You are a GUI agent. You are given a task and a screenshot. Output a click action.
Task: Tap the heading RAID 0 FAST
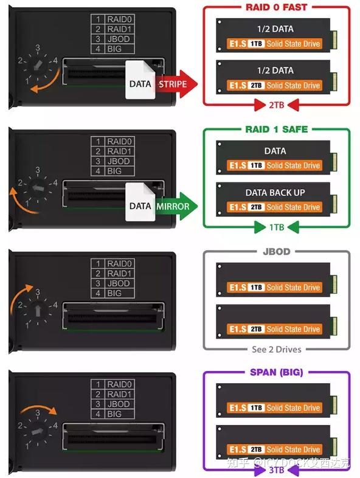(x=276, y=7)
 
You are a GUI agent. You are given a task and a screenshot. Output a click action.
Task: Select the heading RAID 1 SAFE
(x=276, y=129)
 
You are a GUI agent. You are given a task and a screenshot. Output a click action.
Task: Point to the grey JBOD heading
(x=276, y=251)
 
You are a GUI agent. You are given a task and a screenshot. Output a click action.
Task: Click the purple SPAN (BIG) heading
(x=276, y=372)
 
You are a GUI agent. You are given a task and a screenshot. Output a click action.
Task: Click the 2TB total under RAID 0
(x=276, y=106)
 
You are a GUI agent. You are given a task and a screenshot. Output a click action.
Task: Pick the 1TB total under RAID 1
(x=276, y=227)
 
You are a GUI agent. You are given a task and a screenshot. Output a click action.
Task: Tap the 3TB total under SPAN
(x=276, y=470)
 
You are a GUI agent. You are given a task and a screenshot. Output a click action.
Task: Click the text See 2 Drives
(x=276, y=349)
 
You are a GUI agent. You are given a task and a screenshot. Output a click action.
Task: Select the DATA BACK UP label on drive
(x=275, y=192)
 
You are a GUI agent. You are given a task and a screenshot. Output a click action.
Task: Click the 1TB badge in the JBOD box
(x=256, y=287)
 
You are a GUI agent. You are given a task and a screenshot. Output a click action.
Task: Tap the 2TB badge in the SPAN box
(x=256, y=449)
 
